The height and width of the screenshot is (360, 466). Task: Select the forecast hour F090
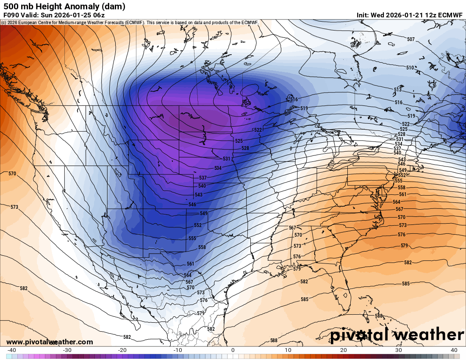11,15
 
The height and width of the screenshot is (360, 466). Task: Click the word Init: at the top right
363,15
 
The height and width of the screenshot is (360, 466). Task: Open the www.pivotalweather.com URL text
50,342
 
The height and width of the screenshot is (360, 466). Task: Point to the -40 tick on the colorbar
11,350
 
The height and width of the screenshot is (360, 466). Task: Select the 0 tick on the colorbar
233,350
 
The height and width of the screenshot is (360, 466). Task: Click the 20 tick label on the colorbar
344,350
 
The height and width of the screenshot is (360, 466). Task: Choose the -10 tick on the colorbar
178,350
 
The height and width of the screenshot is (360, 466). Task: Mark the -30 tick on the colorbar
67,350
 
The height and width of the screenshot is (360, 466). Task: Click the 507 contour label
411,39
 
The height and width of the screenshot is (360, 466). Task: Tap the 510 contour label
410,68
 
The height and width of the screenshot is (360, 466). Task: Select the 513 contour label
398,90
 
